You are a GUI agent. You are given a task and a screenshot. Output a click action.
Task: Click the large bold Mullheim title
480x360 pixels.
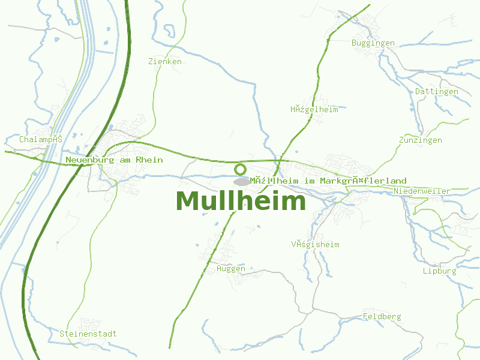pyautogui.click(x=241, y=201)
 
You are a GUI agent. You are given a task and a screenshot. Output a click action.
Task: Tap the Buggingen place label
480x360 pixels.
pyautogui.click(x=373, y=43)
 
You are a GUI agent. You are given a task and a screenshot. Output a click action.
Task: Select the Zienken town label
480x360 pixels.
pyautogui.click(x=165, y=62)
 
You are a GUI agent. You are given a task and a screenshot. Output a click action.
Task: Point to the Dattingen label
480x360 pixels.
pyautogui.click(x=437, y=92)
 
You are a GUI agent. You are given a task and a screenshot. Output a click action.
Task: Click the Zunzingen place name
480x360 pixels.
pyautogui.click(x=421, y=140)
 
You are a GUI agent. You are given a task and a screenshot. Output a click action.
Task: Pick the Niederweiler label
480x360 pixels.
pyautogui.click(x=422, y=191)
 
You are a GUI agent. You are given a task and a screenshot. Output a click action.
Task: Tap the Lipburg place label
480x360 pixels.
pyautogui.click(x=439, y=271)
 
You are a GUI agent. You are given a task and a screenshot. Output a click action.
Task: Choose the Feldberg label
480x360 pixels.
pyautogui.click(x=382, y=317)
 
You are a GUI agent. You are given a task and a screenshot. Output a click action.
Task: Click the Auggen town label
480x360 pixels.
pyautogui.click(x=231, y=269)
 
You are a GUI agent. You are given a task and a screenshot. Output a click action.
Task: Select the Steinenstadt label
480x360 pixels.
pyautogui.click(x=88, y=334)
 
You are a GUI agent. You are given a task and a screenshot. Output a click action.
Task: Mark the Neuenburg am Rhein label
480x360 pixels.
pyautogui.click(x=114, y=160)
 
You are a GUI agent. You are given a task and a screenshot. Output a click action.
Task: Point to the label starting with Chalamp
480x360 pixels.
pyautogui.click(x=41, y=139)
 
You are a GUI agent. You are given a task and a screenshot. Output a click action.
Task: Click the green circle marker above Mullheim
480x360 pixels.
pyautogui.click(x=241, y=169)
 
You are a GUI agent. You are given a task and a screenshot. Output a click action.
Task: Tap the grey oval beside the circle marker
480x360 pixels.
pyautogui.click(x=242, y=181)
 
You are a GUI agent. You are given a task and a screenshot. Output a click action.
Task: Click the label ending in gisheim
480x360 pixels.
pyautogui.click(x=316, y=245)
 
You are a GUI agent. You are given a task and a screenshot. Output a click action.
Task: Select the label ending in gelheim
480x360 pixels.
pyautogui.click(x=314, y=110)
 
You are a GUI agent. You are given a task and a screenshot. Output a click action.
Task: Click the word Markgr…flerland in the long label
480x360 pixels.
pyautogui.click(x=363, y=181)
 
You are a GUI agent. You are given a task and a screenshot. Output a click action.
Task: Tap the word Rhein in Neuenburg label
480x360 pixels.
pyautogui.click(x=149, y=160)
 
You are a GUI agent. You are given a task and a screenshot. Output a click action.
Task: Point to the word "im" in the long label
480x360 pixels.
pyautogui.click(x=310, y=181)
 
